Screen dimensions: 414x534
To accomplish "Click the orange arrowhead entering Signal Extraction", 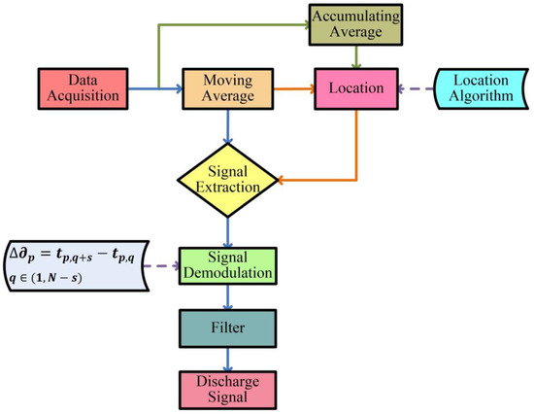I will [x=284, y=177].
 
